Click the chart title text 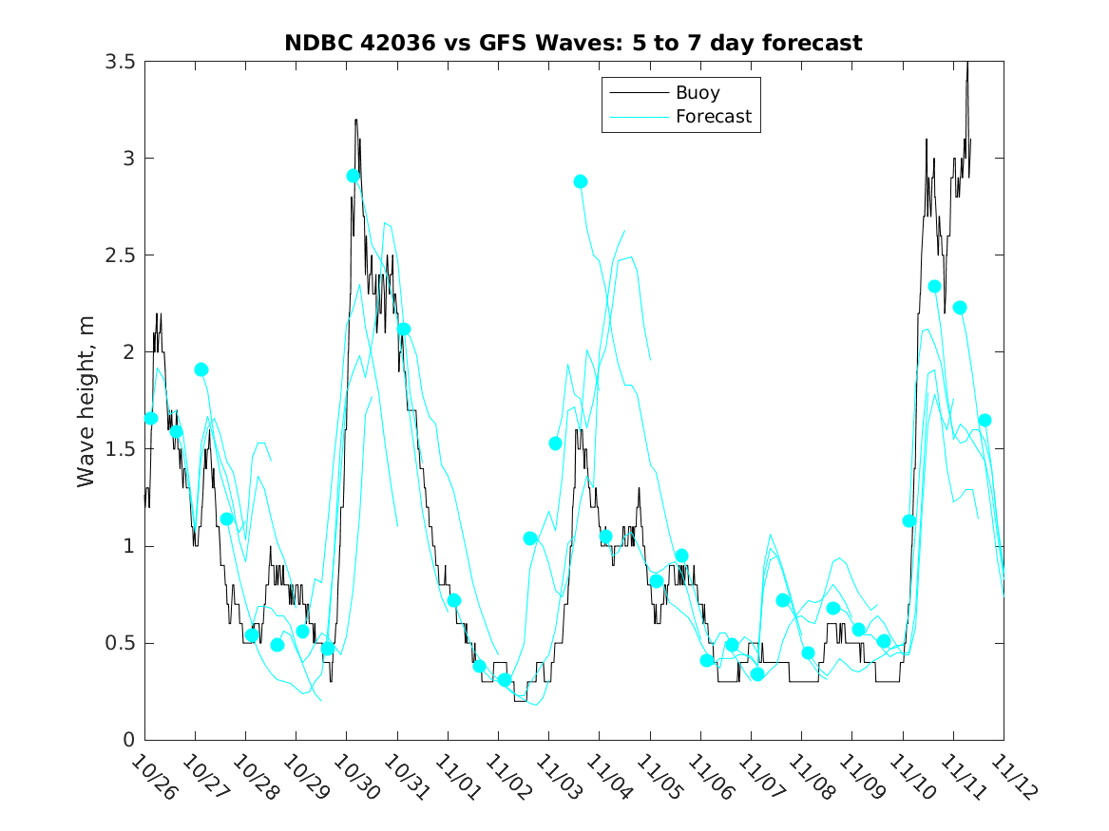[573, 43]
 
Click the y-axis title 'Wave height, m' [86, 401]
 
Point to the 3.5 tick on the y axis [119, 62]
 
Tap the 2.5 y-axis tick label [119, 255]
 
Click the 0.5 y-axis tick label [119, 643]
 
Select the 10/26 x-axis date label [152, 777]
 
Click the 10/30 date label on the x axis [354, 777]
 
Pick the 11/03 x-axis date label [556, 777]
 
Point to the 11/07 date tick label [757, 777]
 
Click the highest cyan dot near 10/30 [354, 176]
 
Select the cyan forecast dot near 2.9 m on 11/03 [581, 181]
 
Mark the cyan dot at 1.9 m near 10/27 [201, 369]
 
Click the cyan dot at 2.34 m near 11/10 [934, 287]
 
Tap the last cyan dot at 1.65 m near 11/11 [985, 421]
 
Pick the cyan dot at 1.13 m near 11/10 [909, 520]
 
